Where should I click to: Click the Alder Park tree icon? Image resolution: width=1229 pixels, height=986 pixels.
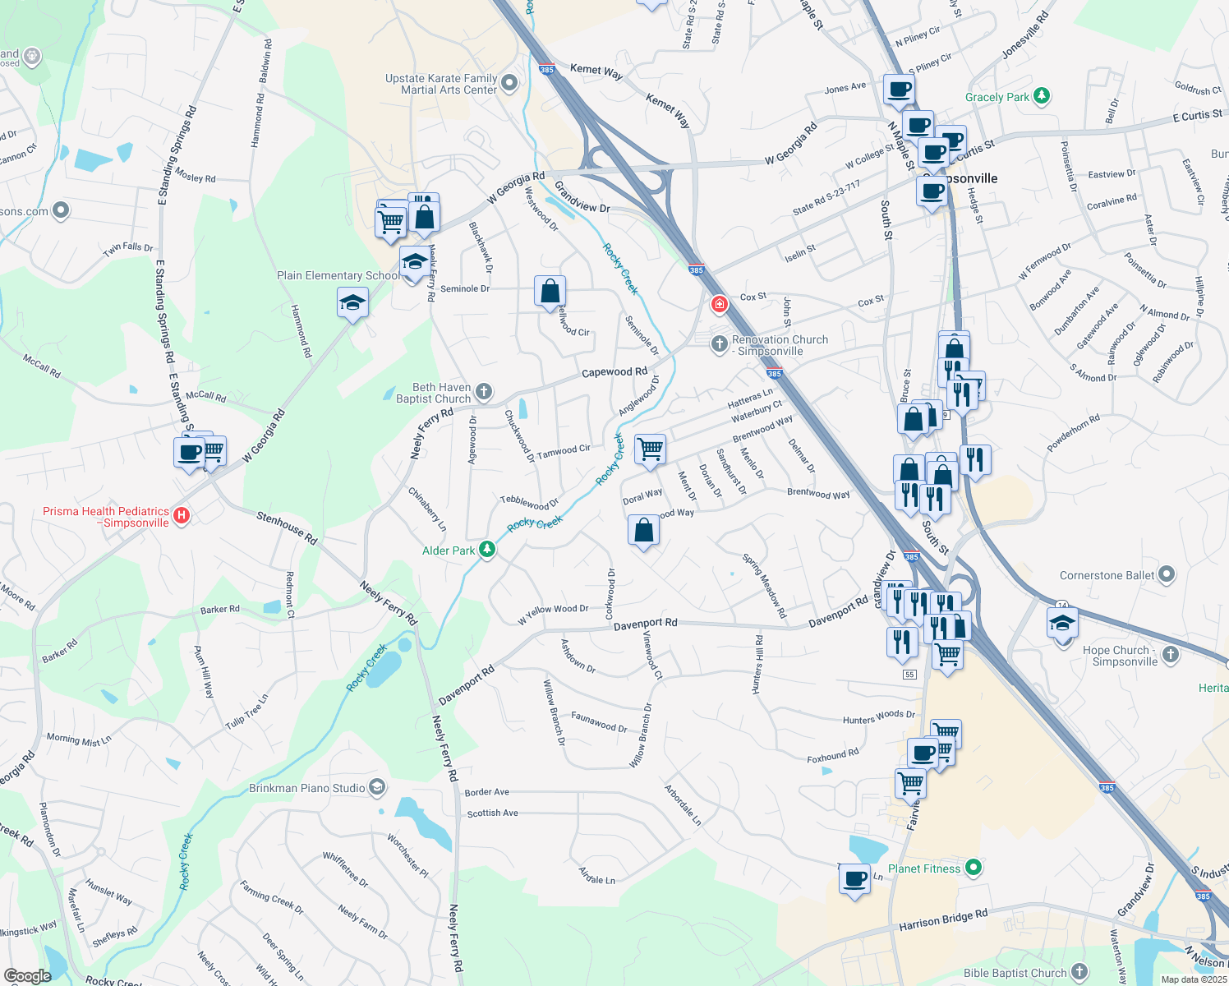pos(487,550)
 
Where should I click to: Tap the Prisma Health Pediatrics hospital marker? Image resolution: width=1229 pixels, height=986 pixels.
pos(182,516)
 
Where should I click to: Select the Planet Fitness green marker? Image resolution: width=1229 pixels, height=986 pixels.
pos(974,868)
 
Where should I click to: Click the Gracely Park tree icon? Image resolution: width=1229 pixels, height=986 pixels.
pos(1042,96)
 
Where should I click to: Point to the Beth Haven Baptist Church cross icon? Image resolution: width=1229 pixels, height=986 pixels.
pos(484,392)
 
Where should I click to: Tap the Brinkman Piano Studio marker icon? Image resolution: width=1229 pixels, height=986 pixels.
pos(377,787)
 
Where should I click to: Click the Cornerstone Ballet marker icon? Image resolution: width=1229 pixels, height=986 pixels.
pos(1167,575)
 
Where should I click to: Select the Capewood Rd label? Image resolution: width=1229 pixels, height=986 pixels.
pos(614,372)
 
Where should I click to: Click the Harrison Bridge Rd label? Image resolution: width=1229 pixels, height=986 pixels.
pos(943,919)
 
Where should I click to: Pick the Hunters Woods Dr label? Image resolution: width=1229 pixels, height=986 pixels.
pos(878,718)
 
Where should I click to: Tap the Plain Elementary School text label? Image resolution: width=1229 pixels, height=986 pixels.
pos(338,275)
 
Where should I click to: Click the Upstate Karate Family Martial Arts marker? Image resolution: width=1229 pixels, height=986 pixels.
pos(509,83)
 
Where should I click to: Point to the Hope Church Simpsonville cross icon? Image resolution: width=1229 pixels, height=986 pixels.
pos(1171,655)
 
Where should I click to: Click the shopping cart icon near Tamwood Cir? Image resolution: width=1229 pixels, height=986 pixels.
pos(650,449)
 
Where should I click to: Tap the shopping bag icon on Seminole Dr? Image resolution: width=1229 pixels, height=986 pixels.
pos(550,291)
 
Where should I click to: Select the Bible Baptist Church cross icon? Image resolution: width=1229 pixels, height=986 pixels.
pos(1079,972)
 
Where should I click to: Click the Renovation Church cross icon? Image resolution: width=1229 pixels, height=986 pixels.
pos(719,343)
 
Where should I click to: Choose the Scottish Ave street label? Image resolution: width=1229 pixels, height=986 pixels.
pos(492,813)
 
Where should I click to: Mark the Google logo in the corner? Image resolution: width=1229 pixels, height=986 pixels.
pos(28,975)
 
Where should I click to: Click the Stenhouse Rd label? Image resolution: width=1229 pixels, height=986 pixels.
pos(287,528)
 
